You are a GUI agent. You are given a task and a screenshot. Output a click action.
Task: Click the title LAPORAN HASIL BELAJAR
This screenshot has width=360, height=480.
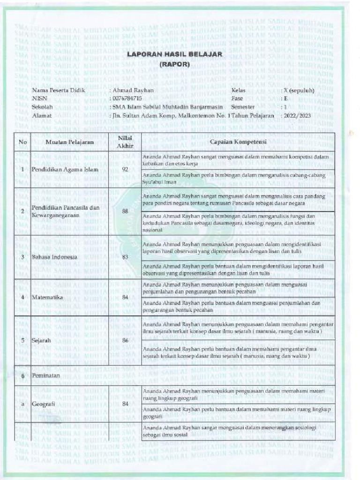click(174, 55)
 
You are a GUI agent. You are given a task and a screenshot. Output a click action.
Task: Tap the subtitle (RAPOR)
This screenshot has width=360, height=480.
click(174, 65)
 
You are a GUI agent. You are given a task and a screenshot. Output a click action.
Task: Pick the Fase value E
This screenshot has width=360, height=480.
click(285, 98)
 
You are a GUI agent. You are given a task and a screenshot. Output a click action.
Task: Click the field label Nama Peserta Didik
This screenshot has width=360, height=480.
click(58, 90)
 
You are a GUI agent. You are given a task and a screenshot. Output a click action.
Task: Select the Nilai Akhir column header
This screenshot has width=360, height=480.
click(125, 142)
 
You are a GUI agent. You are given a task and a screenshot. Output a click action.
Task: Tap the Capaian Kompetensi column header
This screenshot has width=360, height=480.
click(238, 142)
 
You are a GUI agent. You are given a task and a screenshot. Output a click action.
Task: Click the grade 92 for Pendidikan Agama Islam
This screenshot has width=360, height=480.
click(125, 169)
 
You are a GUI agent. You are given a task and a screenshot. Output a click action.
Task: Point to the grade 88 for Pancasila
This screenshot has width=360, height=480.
click(125, 211)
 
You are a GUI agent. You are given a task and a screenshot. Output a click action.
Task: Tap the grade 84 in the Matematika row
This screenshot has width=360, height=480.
click(125, 298)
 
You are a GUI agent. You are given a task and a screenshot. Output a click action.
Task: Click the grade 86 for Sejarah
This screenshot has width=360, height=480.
click(125, 341)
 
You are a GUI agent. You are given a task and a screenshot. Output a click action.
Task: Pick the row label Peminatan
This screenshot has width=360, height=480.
click(46, 376)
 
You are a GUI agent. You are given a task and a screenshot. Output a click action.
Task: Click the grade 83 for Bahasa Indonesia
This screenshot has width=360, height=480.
click(125, 257)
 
